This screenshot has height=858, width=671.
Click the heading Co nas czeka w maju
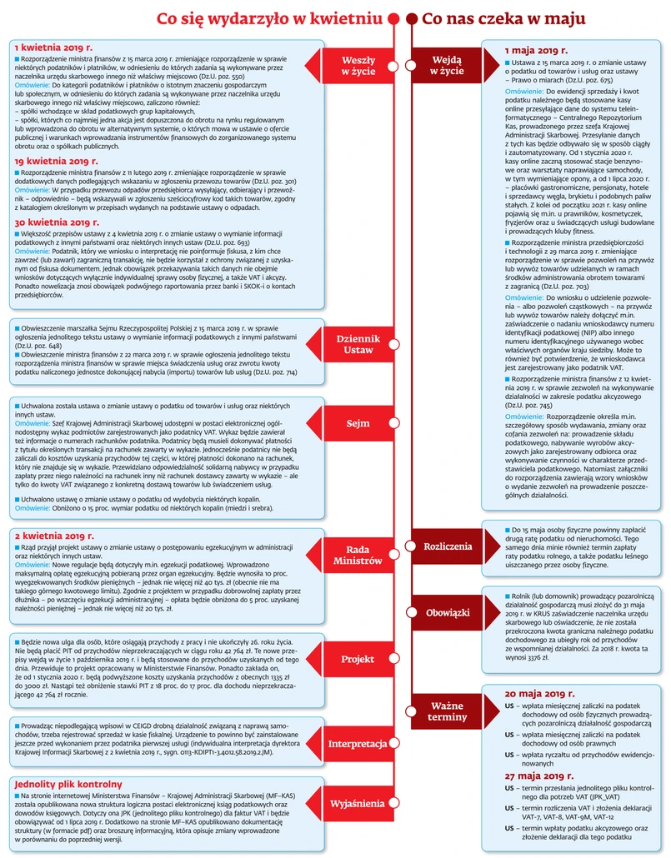[503, 18]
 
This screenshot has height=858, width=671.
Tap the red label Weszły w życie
[359, 66]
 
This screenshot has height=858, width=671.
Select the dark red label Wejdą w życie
[448, 66]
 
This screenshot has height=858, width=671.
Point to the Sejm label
[358, 424]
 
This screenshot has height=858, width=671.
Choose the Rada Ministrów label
[358, 555]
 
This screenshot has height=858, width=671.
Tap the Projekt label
[358, 659]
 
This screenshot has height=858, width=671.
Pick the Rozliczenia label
[448, 546]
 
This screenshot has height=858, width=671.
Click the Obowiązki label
[448, 612]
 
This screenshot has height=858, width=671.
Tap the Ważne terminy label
[448, 711]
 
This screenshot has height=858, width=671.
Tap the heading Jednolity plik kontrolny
[69, 784]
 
